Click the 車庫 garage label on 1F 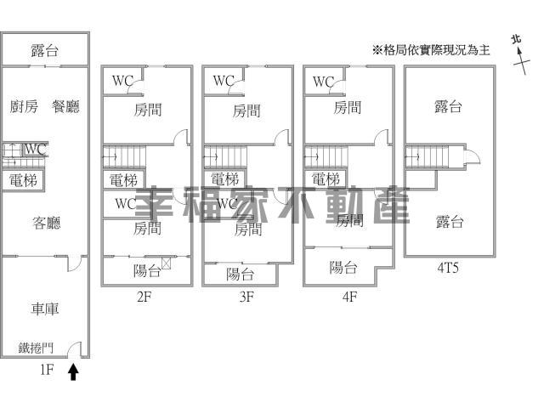point(45,309)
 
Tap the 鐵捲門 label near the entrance point(36,348)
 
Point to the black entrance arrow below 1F point(73,371)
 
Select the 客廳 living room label point(47,223)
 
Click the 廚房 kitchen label point(24,106)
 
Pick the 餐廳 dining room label point(65,106)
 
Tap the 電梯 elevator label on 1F point(23,180)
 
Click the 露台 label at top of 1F point(44,51)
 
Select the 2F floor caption point(144,297)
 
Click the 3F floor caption point(246,297)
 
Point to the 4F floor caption point(349,297)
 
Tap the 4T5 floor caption point(448,268)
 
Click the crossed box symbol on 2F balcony point(167,263)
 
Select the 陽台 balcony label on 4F point(343,268)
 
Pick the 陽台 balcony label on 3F point(240,275)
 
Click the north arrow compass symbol point(522,60)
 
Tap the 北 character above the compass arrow point(517,40)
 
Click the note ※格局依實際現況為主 point(431,50)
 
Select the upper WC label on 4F point(323,82)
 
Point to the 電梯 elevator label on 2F point(123,180)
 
